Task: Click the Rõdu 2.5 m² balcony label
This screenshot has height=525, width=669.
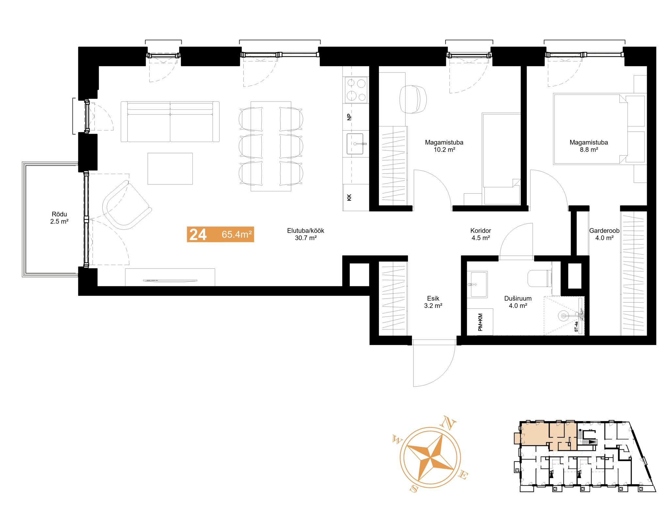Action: tap(59, 218)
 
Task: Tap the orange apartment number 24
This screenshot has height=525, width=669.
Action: tap(198, 234)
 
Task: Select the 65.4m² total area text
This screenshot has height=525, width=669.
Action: tap(237, 234)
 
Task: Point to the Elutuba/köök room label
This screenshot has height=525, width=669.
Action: tap(305, 234)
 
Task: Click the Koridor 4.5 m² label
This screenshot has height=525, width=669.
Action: tap(481, 234)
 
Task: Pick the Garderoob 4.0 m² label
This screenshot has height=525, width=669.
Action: tap(604, 234)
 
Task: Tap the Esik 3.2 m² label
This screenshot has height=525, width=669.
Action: tap(433, 302)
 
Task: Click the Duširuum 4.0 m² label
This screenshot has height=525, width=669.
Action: tap(518, 302)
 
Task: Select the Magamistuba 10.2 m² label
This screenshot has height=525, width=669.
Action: tap(444, 146)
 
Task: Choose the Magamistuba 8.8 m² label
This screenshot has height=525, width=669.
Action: tap(589, 146)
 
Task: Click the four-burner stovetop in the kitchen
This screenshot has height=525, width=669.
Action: tap(356, 90)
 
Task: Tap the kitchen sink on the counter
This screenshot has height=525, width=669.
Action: tap(355, 144)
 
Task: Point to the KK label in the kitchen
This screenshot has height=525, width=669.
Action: tap(349, 198)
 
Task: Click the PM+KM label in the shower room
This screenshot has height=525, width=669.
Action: tap(480, 322)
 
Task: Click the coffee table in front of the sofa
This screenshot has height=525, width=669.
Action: tap(170, 169)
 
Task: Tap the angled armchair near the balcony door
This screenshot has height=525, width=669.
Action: tap(126, 205)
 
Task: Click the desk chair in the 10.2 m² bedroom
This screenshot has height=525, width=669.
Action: tap(413, 99)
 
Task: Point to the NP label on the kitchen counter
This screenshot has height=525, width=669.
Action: tap(349, 117)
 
